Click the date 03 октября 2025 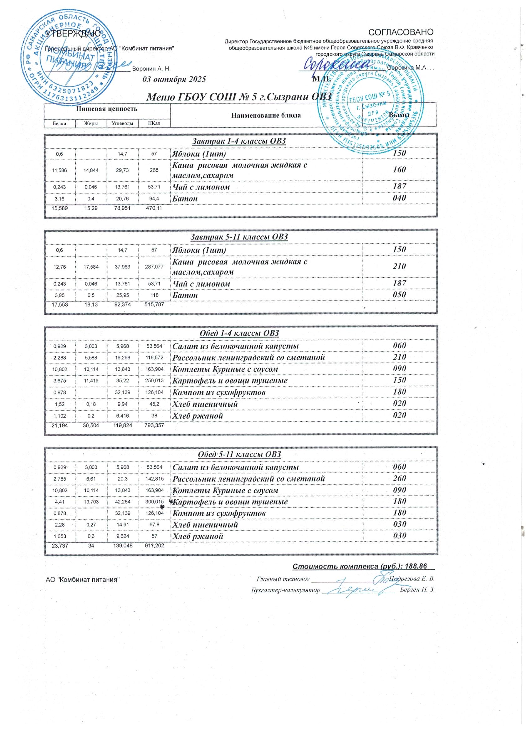(174, 79)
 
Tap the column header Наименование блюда (266, 115)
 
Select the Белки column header (60, 123)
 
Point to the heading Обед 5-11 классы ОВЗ (239, 454)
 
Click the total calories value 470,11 (153, 208)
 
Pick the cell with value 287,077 (154, 267)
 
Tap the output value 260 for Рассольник (399, 478)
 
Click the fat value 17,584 (91, 267)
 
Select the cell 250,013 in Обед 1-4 (154, 381)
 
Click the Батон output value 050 (399, 295)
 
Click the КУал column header (154, 123)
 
